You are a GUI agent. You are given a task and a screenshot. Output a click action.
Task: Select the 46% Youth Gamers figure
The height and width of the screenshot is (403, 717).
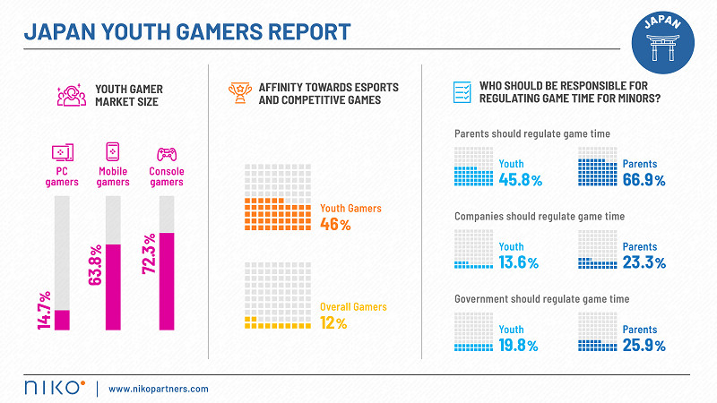[x=335, y=225]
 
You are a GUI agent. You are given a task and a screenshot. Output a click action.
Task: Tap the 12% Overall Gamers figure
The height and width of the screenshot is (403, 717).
[x=333, y=323]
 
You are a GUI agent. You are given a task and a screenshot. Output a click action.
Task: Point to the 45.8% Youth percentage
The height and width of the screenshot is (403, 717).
[x=520, y=180]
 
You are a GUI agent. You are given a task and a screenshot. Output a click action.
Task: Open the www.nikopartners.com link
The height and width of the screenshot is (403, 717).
[x=159, y=389]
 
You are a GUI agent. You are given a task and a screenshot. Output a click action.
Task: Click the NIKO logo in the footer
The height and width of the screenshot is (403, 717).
[x=55, y=388]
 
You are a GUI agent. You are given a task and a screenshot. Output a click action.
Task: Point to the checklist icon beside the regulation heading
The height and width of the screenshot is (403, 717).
[x=462, y=92]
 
